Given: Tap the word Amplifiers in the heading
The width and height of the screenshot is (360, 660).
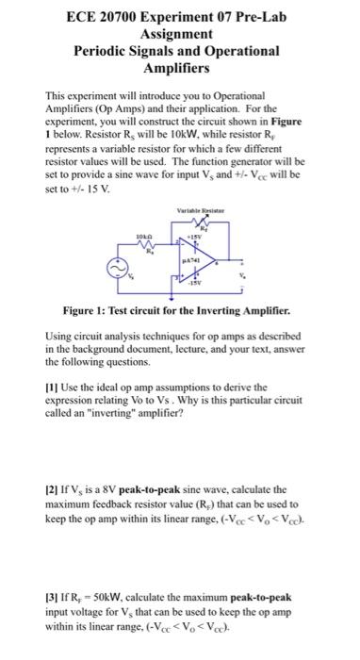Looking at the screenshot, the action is click(x=180, y=70).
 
